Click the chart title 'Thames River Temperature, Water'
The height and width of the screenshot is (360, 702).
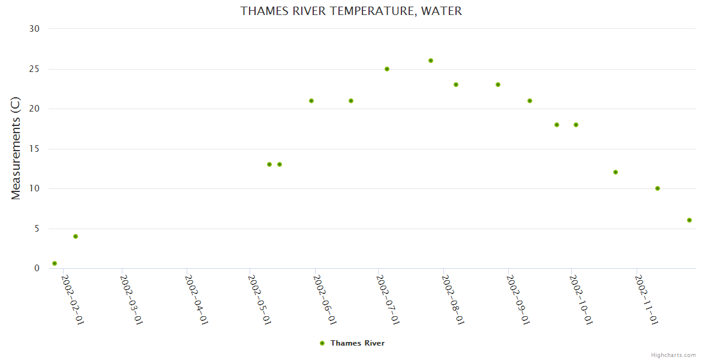coord(351,11)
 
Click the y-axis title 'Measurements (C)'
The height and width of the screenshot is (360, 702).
coord(16,148)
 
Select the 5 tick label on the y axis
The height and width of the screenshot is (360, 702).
coord(37,229)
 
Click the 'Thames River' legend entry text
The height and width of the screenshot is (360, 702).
coord(358,343)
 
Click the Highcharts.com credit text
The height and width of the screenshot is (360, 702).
coord(673,355)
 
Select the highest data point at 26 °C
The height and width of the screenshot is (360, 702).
coord(431,61)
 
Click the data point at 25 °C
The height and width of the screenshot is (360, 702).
coord(387,69)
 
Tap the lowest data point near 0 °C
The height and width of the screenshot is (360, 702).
coord(55,263)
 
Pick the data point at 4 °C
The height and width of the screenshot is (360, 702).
coord(76,236)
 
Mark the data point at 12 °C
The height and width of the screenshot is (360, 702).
coord(616,172)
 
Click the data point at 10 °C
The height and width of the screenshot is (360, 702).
coord(658,188)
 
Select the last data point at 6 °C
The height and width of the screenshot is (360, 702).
coord(689,220)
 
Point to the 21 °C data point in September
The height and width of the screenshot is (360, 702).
coord(530,101)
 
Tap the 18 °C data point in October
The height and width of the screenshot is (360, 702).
coord(576,125)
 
